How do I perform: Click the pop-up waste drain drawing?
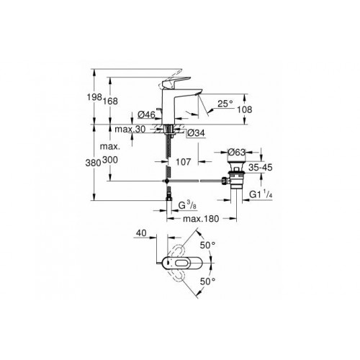tap(236, 173)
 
